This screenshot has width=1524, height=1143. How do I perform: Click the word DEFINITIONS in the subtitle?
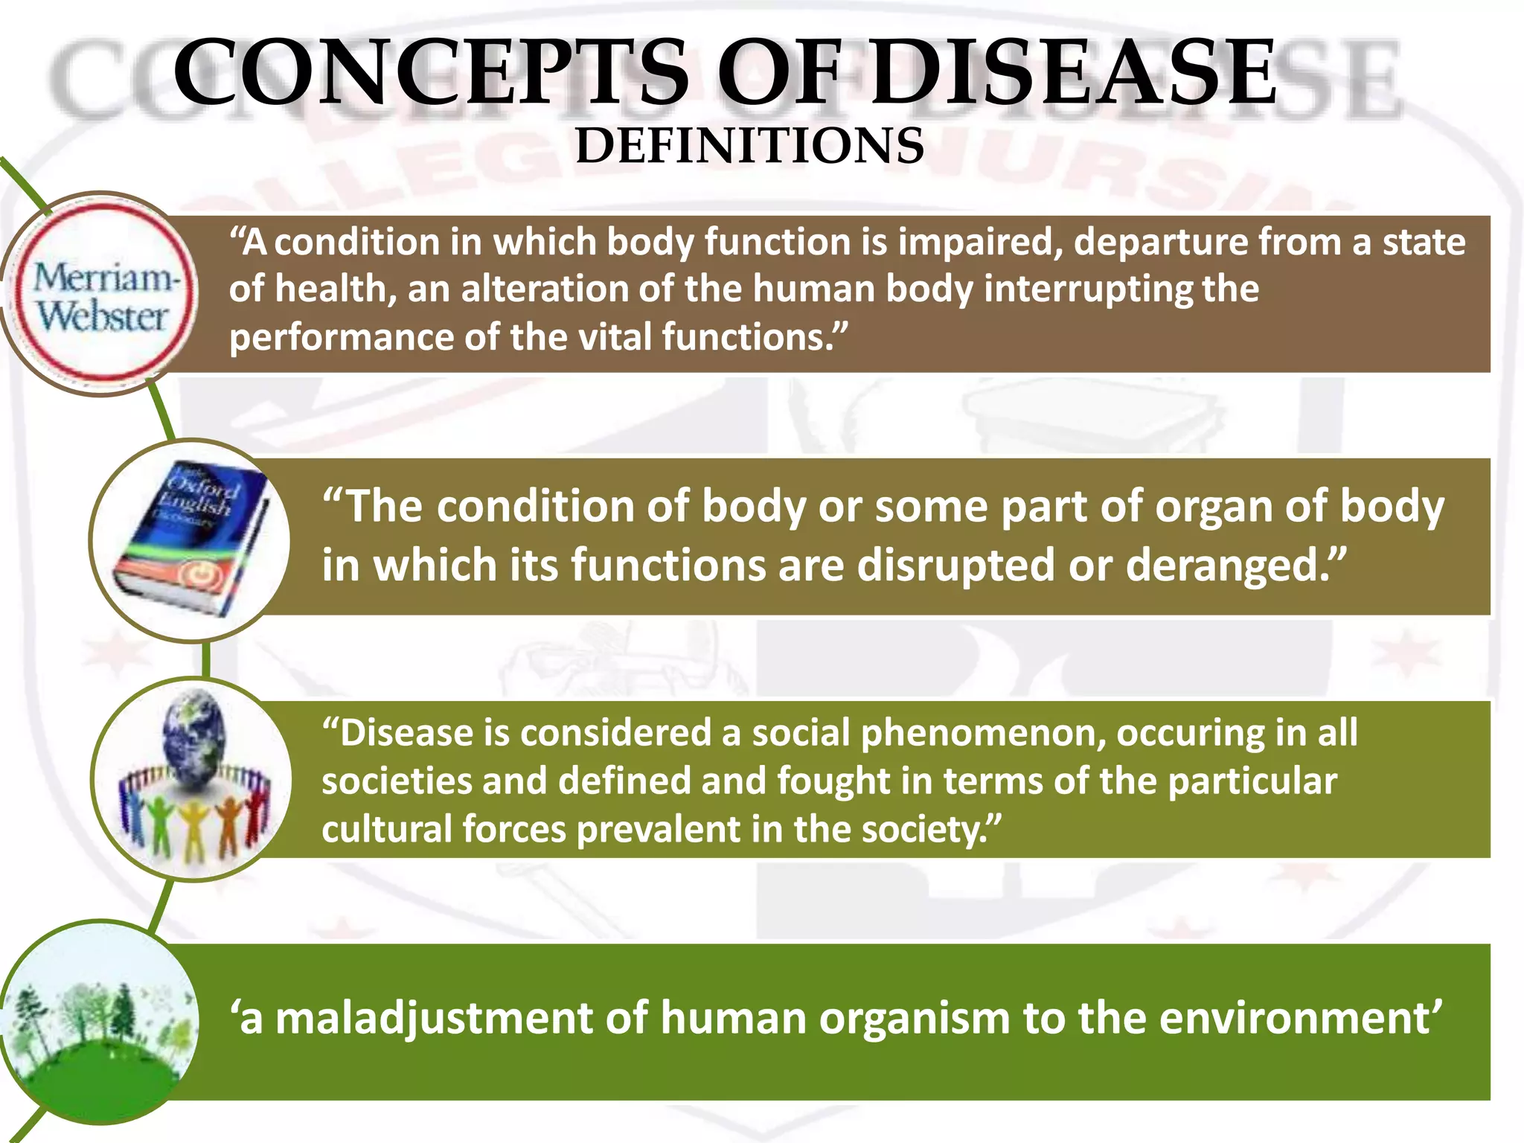coord(749,146)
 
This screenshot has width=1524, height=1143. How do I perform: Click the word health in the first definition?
coord(335,289)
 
